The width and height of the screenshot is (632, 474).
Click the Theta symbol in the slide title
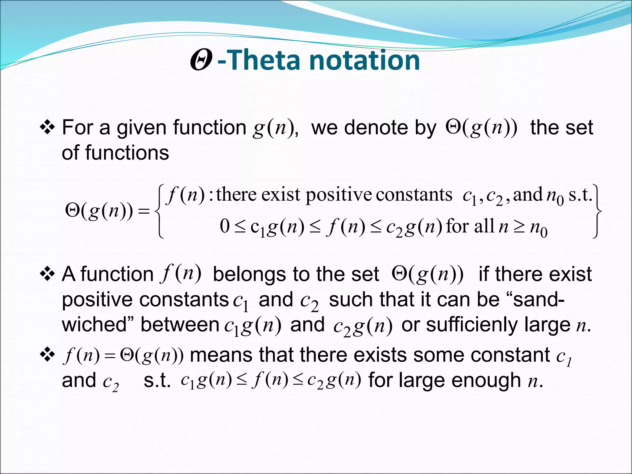(201, 60)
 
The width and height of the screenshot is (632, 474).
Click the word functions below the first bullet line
(127, 153)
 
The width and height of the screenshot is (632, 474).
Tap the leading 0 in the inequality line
(224, 226)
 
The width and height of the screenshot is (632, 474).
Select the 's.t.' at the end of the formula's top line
(580, 195)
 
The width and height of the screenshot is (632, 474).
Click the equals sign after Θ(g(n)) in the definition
(143, 212)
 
